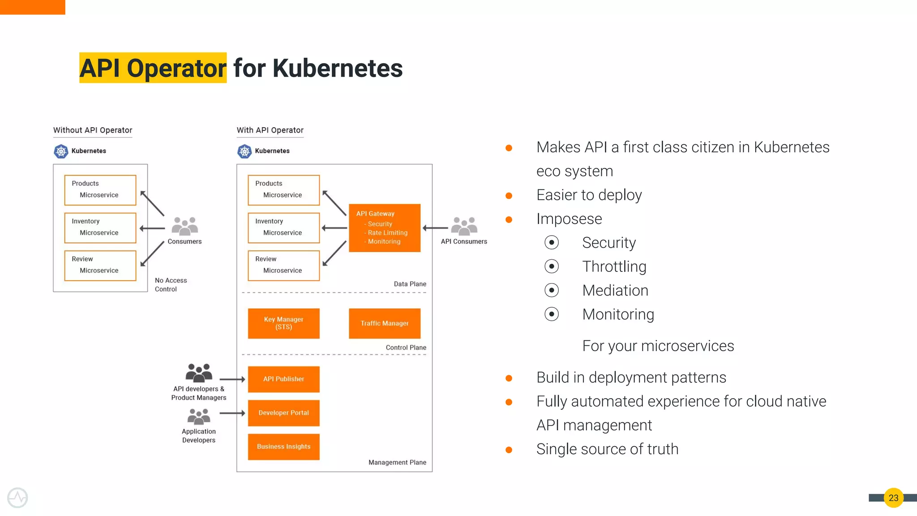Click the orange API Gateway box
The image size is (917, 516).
point(384,228)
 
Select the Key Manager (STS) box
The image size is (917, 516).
point(283,323)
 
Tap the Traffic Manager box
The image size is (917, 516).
point(384,323)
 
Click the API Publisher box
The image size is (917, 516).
point(283,379)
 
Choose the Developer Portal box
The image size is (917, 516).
point(283,413)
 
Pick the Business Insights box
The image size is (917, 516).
point(283,447)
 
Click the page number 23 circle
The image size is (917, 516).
point(893,498)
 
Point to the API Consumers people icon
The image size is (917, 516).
point(464,226)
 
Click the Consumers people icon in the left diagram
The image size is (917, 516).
point(184,226)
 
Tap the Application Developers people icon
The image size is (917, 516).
point(199,417)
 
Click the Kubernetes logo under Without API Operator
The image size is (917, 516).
point(61,151)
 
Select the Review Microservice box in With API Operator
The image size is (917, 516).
point(283,265)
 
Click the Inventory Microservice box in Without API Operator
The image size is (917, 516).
point(100,228)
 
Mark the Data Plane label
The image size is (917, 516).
point(410,284)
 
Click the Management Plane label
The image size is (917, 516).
point(397,462)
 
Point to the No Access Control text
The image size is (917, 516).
point(171,285)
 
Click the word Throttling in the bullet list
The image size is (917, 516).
point(614,267)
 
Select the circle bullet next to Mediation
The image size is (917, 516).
point(552,290)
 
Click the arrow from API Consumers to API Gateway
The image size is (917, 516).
point(435,228)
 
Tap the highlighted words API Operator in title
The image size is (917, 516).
point(153,68)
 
